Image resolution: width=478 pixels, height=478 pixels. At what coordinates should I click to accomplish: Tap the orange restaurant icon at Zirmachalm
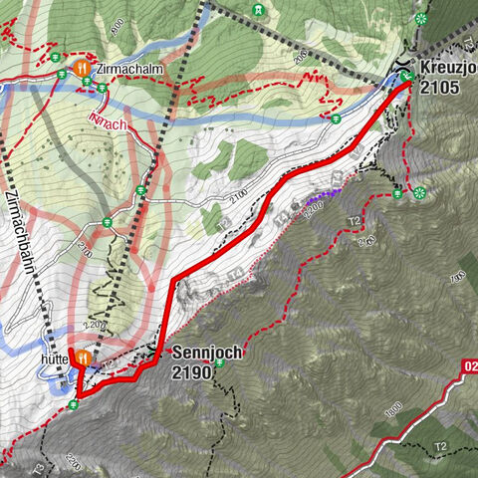click(x=82, y=68)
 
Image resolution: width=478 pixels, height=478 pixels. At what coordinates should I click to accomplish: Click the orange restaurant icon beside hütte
click(x=84, y=357)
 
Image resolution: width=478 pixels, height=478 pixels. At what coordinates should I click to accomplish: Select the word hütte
click(x=54, y=357)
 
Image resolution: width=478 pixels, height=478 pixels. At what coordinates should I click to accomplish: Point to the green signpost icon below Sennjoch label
click(x=220, y=362)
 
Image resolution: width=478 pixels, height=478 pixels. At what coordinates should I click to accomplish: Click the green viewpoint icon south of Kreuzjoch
click(x=419, y=191)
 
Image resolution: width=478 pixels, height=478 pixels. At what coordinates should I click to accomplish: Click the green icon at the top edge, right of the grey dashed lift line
click(x=259, y=9)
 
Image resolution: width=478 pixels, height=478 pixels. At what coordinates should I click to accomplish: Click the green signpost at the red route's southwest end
click(x=75, y=404)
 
